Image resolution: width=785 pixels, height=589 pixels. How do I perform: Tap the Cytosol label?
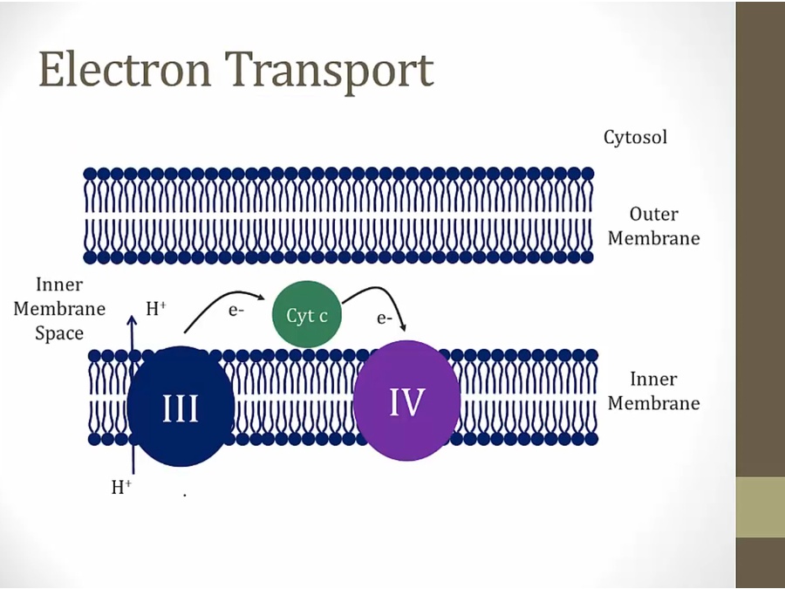(635, 137)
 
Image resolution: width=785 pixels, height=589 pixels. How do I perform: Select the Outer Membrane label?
(653, 226)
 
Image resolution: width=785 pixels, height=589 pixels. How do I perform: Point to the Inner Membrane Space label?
(59, 309)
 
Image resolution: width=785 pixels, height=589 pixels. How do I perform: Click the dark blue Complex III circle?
(181, 407)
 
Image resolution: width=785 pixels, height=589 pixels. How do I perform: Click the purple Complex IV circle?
(406, 401)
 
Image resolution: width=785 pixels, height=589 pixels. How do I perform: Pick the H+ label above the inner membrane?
(156, 307)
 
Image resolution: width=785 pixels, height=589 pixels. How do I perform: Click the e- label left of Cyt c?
(235, 309)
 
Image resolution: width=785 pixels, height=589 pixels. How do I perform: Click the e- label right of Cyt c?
(385, 318)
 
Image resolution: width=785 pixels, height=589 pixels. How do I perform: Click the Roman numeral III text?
(181, 408)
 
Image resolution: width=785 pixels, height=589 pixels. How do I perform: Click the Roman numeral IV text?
(406, 402)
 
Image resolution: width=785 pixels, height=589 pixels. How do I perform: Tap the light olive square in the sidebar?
(761, 507)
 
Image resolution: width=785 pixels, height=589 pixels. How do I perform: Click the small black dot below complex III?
(185, 496)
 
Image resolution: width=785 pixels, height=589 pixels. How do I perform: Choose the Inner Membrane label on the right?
(653, 391)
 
